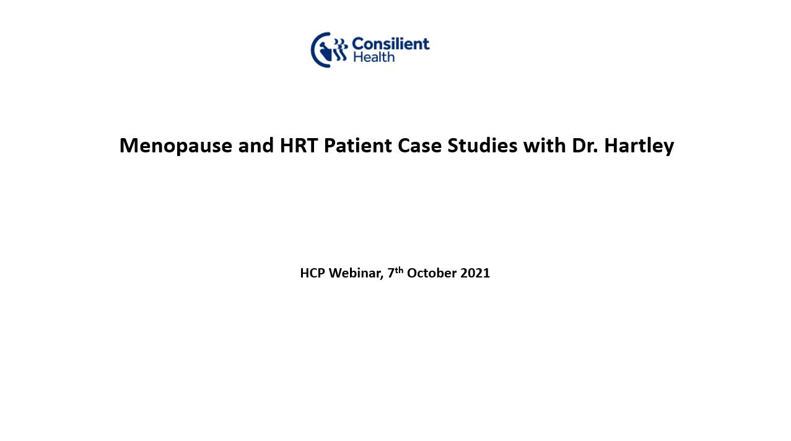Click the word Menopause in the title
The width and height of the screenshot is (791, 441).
coord(176,146)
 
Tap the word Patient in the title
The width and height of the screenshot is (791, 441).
coord(358,145)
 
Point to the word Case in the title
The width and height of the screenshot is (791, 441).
coord(419,145)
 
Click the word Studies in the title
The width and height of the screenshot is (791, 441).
coord(483,145)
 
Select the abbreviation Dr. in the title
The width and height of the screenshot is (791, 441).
coord(585,145)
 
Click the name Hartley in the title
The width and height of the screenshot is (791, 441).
coord(639,146)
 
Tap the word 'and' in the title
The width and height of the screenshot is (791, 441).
coord(256,145)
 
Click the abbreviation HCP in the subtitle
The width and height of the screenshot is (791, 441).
coord(313,273)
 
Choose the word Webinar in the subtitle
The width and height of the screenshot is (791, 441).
coord(356,273)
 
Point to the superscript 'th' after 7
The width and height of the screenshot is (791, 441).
coord(399,270)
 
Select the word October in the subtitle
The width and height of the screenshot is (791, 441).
coord(432,273)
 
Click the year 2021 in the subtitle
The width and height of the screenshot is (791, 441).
coord(475,273)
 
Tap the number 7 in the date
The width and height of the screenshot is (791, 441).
coord(391,273)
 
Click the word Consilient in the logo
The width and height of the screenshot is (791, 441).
coord(391,44)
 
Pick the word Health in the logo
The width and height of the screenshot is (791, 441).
coord(374,57)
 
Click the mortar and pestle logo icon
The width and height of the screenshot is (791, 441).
coord(329,50)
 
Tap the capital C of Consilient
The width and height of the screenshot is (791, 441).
coord(358,44)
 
